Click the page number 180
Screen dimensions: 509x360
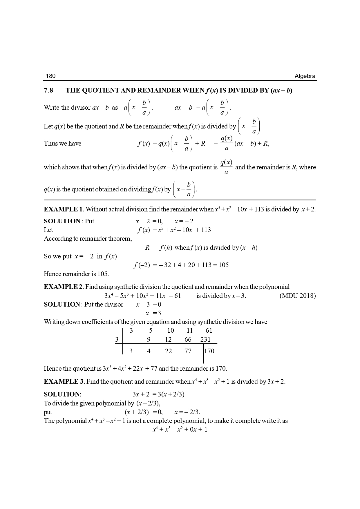tap(50, 76)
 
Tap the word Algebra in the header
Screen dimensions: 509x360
tap(305, 76)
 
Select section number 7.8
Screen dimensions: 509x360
tap(48, 90)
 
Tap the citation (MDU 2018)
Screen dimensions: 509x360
tap(298, 296)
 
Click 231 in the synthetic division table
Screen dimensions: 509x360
tap(205, 340)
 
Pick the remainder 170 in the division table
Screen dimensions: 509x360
tap(209, 351)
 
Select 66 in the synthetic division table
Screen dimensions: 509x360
tap(188, 340)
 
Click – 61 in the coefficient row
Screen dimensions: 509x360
tap(206, 331)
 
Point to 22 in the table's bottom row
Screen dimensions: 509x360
tap(168, 351)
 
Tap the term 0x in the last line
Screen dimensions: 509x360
tap(189, 430)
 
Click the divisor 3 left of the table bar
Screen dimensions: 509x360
tap(117, 340)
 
